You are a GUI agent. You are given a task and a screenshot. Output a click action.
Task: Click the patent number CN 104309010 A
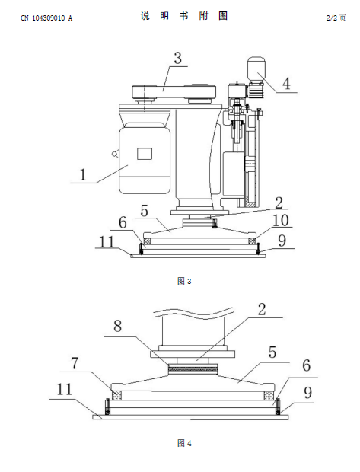point(46,18)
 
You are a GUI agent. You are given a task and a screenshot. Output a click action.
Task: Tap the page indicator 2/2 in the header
point(332,18)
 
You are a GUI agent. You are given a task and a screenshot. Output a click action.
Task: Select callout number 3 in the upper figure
point(178,58)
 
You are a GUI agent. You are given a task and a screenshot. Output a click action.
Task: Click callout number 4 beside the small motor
point(286,84)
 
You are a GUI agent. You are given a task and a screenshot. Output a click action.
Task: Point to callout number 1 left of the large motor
point(83,174)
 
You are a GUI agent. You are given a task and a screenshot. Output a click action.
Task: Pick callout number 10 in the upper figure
point(281,220)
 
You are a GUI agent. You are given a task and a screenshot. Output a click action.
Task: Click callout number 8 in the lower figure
point(117,326)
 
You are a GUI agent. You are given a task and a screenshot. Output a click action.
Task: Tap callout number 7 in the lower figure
point(75,363)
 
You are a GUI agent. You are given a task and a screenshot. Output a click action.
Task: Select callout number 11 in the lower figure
point(65,389)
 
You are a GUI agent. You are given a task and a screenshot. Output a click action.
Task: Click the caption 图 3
point(184,281)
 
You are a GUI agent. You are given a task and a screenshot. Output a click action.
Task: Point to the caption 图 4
point(184,443)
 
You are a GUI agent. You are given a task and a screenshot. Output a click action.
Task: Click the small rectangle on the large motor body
point(145,154)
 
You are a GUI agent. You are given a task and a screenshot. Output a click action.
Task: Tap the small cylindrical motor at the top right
point(256,69)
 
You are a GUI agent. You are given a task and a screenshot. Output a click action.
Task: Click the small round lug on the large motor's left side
point(114,154)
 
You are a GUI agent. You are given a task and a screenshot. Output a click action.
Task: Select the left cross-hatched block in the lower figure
point(116,395)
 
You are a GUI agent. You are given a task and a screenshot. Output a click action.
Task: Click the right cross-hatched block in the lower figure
point(269,395)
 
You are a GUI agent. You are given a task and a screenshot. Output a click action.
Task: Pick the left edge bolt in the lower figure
point(107,407)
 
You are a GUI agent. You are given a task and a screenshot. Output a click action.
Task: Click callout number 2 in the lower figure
point(262,309)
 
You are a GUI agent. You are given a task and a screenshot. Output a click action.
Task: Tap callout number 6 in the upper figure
point(123,223)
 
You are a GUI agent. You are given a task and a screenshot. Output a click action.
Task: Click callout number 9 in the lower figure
point(307,393)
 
